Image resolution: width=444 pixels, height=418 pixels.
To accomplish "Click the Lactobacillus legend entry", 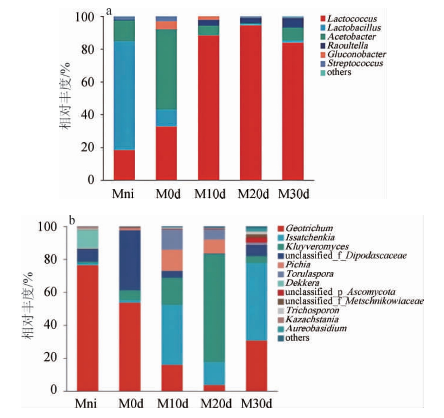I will click(x=354, y=27).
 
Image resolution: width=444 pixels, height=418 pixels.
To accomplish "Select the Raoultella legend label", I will click(x=349, y=45).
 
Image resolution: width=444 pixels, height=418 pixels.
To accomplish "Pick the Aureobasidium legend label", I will click(x=313, y=328).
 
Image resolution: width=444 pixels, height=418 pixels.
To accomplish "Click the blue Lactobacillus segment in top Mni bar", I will click(x=124, y=95).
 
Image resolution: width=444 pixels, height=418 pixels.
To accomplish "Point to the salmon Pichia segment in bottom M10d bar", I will click(x=172, y=261).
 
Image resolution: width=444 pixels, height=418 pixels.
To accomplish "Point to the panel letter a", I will click(x=109, y=12).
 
